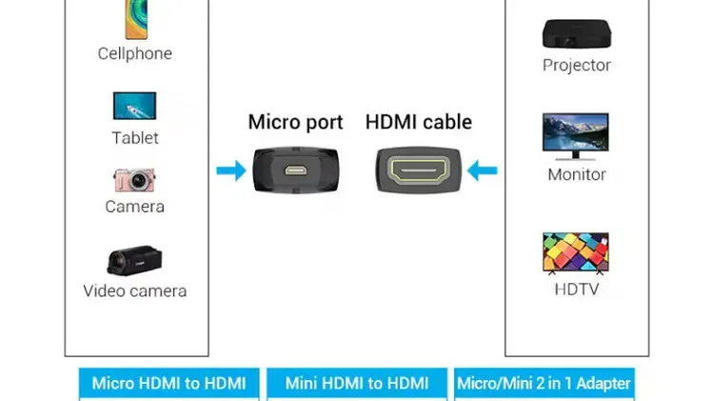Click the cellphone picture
(x=136, y=19)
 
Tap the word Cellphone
(x=134, y=53)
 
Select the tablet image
(x=134, y=106)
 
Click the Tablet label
(x=135, y=138)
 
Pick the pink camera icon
(x=134, y=180)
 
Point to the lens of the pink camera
(x=138, y=181)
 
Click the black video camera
(x=134, y=260)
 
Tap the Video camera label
(x=134, y=291)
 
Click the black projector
(x=577, y=33)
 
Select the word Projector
(x=577, y=66)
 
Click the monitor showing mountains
(x=576, y=136)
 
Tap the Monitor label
(x=577, y=174)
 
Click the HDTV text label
(x=577, y=289)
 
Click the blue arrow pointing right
(x=231, y=170)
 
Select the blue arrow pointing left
(x=482, y=170)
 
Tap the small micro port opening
(x=296, y=170)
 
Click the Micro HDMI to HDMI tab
(x=169, y=384)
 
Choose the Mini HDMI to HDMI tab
(x=357, y=384)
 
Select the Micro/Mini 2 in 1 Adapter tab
(x=544, y=384)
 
